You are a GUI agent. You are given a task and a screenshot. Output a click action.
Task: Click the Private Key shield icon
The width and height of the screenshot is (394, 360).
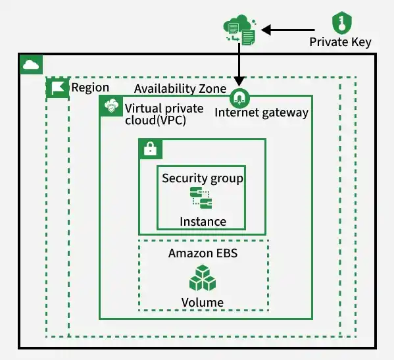point(342,22)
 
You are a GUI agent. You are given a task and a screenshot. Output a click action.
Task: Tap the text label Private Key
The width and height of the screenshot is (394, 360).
point(340,42)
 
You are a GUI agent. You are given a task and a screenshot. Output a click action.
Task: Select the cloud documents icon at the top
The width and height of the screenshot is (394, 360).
point(240,30)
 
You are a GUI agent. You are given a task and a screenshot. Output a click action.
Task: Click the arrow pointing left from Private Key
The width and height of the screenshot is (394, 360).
point(288,30)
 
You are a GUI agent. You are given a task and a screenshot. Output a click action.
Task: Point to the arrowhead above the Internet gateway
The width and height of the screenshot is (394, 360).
point(239,82)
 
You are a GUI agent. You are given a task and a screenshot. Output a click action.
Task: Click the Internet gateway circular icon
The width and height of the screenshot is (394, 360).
point(239,98)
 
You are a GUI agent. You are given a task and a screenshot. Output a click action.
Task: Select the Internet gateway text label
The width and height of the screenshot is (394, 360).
point(261,113)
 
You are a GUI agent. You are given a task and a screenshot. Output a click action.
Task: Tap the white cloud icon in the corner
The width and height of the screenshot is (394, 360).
point(31,64)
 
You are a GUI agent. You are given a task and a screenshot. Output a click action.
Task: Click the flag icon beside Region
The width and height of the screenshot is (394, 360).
point(57,88)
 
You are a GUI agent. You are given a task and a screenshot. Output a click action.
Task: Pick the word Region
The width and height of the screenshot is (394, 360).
point(90,88)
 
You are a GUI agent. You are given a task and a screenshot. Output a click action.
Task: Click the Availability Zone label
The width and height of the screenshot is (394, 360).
point(180,89)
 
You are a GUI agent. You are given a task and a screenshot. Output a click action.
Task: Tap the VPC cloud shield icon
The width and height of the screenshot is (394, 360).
point(111,106)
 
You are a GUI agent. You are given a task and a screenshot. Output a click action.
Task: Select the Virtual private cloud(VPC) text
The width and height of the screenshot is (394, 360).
point(164,114)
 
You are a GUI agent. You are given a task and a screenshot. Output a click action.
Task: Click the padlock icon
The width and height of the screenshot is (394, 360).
point(151,149)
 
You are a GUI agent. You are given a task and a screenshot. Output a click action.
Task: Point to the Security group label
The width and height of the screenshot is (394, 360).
point(203,179)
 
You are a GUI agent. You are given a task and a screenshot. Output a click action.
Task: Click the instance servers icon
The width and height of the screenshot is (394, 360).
point(201,198)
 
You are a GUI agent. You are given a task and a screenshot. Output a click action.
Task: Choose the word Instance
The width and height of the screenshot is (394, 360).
point(203,222)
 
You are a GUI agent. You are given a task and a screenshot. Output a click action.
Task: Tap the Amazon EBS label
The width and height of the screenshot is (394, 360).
point(203,253)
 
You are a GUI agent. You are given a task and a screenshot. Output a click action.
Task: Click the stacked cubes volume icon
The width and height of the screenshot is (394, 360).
point(203,278)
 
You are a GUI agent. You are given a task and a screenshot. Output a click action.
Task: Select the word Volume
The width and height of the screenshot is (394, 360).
point(203,303)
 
